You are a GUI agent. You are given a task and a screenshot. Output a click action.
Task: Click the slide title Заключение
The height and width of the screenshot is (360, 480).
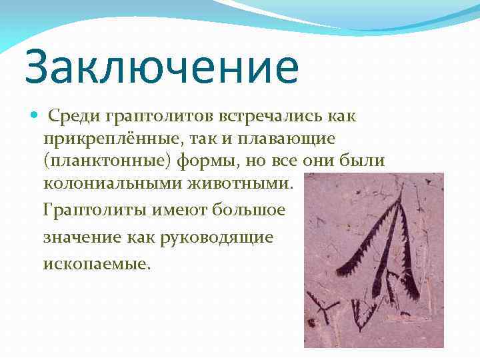(x=161, y=69)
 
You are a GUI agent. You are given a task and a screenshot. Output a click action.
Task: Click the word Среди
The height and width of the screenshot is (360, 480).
(x=73, y=117)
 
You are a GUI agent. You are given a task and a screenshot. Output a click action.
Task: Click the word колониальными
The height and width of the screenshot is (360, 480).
(x=111, y=183)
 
